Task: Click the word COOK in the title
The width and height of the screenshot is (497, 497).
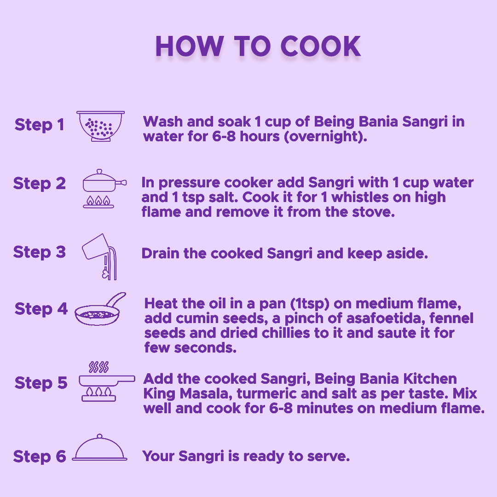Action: coord(321,46)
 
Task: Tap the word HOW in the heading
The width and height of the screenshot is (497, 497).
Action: coord(190,46)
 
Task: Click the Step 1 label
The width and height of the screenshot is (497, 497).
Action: coord(39,125)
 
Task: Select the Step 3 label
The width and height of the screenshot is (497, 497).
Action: coord(39,252)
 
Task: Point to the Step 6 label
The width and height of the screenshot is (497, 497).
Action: coord(39,457)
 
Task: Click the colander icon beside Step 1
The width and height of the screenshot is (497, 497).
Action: coord(100,126)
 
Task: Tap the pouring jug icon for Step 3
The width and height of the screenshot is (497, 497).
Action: coord(99,256)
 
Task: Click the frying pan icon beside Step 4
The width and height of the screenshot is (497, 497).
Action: coord(100,309)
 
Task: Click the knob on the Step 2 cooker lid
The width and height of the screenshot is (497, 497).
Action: coord(99,172)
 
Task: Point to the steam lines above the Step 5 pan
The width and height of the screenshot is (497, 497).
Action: coord(98,367)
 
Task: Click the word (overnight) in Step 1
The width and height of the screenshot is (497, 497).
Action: coord(325,137)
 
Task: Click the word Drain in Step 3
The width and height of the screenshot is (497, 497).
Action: coord(161,253)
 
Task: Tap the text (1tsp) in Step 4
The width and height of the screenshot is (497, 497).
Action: coord(310,304)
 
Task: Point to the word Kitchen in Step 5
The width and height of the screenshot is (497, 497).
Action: coord(430,379)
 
